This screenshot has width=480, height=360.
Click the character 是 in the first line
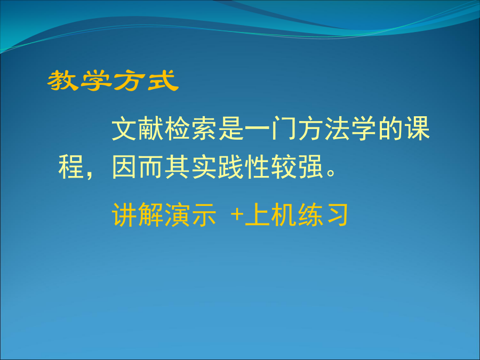click(x=230, y=129)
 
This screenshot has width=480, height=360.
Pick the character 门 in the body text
click(x=284, y=129)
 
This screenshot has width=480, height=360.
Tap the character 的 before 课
click(x=390, y=129)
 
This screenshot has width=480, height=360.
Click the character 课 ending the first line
click(x=418, y=129)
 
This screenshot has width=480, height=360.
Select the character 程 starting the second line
click(x=71, y=167)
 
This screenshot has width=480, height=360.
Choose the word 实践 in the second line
click(x=218, y=167)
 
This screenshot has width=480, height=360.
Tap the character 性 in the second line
click(x=257, y=167)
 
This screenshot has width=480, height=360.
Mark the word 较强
click(x=297, y=167)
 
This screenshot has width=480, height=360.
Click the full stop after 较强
click(x=331, y=173)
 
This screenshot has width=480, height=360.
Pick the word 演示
click(x=190, y=214)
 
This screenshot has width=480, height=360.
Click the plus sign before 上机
click(x=237, y=214)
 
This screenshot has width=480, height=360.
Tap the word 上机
click(x=270, y=214)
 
